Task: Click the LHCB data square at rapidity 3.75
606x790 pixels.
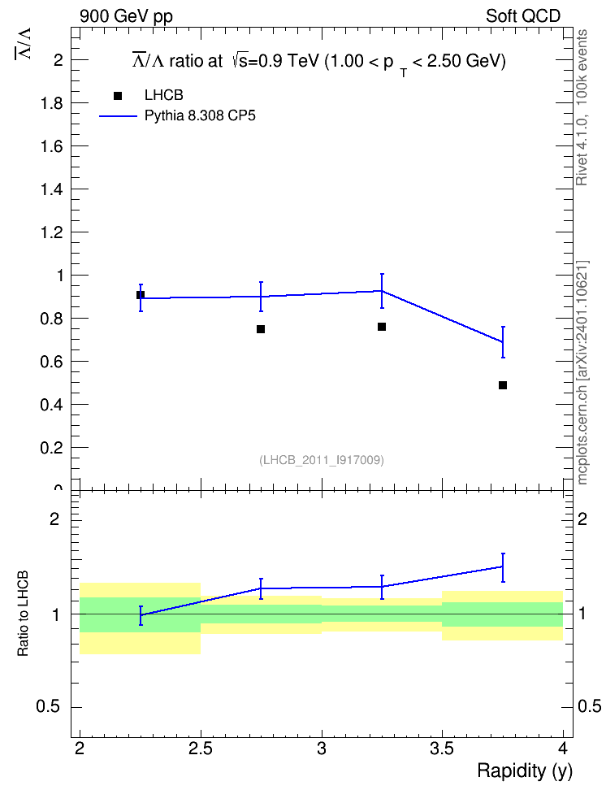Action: [502, 385]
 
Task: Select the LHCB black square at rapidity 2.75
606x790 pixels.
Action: [261, 329]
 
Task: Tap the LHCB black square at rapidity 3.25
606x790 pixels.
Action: [382, 327]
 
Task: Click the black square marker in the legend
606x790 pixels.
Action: [118, 96]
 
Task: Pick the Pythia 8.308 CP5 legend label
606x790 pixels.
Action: [200, 116]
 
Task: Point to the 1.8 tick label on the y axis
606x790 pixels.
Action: [51, 103]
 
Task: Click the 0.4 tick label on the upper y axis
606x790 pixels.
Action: [51, 405]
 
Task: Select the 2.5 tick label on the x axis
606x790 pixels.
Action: [201, 749]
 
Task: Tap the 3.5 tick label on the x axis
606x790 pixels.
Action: [442, 749]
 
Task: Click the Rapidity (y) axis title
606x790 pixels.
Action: [525, 770]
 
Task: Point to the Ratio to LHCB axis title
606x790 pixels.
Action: [23, 613]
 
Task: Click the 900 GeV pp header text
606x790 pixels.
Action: [126, 16]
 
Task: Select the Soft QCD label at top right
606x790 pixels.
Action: [523, 16]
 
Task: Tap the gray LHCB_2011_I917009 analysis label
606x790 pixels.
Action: [322, 460]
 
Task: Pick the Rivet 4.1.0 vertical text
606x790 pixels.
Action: [582, 150]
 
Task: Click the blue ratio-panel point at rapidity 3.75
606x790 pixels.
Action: [502, 566]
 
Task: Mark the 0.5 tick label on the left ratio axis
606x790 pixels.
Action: [49, 707]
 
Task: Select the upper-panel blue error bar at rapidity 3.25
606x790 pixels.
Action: [382, 291]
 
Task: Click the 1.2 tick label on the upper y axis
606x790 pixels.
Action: [51, 232]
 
